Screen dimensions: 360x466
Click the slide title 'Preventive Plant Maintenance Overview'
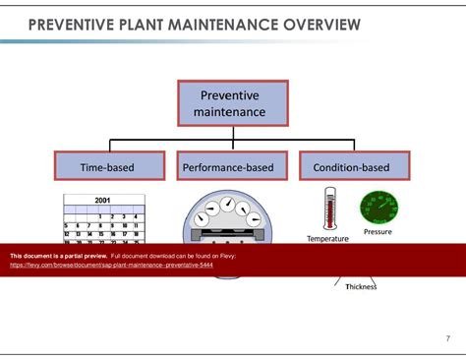click(x=194, y=23)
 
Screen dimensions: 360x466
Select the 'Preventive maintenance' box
click(x=232, y=103)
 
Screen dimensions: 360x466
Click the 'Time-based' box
click(x=107, y=168)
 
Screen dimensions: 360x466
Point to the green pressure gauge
click(x=379, y=208)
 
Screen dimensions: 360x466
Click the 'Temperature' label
click(x=328, y=238)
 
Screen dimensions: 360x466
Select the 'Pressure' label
click(x=379, y=232)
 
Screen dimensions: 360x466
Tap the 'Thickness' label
click(x=361, y=286)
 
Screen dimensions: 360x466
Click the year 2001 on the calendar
click(x=103, y=200)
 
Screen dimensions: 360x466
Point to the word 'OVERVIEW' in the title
click(x=313, y=23)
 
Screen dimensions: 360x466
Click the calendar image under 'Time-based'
click(x=103, y=218)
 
